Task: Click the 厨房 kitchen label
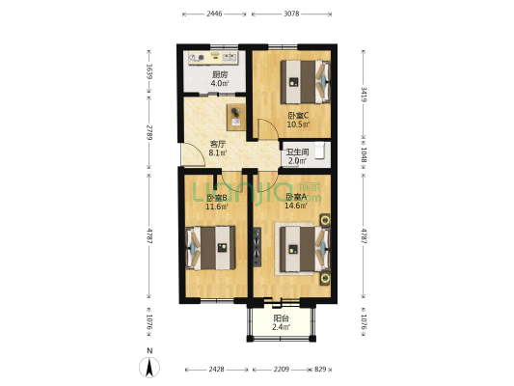[x=220, y=75]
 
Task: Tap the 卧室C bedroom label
[x=297, y=114]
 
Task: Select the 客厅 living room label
[x=218, y=144]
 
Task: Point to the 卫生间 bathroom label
[x=297, y=152]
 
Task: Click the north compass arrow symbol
[x=149, y=366]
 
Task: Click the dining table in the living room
[x=236, y=117]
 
